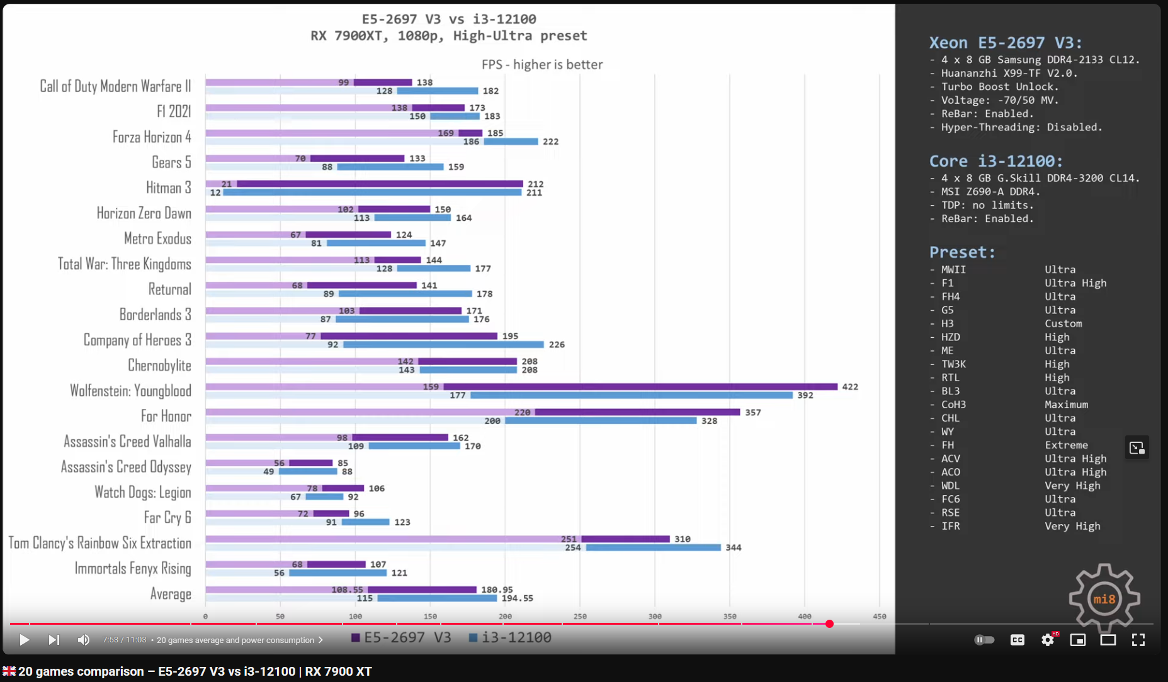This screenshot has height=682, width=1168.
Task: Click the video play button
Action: coord(24,640)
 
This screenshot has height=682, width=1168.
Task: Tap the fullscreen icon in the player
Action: coord(1138,640)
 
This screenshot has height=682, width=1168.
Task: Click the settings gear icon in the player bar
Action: coord(1048,640)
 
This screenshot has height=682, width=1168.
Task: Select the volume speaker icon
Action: coord(83,640)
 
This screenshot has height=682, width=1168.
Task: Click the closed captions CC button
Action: coord(1017,640)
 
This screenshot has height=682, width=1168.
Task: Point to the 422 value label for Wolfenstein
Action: coord(850,387)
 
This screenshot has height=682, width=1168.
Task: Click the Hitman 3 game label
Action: coord(168,187)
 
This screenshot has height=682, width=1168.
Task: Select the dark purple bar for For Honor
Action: coord(637,412)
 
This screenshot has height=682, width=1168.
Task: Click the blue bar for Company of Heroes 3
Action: coord(443,345)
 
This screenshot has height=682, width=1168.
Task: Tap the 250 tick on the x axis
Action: coord(580,617)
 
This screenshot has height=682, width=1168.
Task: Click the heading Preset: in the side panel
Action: coord(962,252)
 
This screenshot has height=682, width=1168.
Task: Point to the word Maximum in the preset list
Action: coord(1066,405)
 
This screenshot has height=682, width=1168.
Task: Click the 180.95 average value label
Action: coord(497,590)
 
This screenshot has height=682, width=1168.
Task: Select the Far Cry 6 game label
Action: coord(167,517)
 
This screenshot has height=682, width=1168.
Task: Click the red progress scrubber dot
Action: coord(829,623)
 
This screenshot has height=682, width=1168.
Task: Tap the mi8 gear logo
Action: coord(1104,598)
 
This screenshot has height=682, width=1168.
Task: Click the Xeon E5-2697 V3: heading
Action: coord(1006,43)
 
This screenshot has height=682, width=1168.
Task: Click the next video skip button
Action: coord(54,640)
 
